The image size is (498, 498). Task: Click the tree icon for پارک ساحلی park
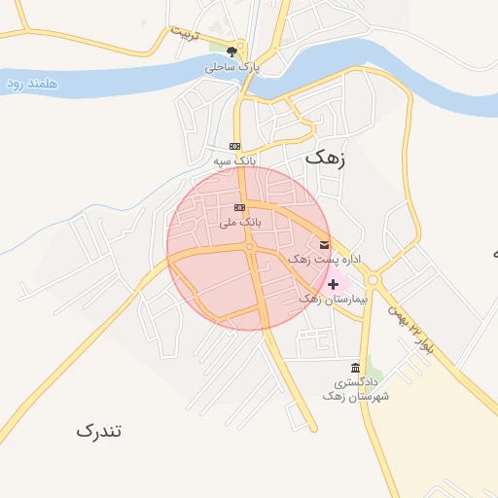(x=231, y=53)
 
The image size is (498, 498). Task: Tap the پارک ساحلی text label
(x=229, y=68)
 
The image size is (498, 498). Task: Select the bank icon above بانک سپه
(x=234, y=145)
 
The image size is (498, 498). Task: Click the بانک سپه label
(x=234, y=159)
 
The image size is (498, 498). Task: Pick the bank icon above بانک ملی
(x=240, y=208)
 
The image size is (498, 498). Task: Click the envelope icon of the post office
(x=324, y=244)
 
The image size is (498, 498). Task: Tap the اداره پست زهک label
(x=325, y=260)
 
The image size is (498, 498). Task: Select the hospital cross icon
(x=333, y=284)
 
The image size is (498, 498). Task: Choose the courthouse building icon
(x=354, y=368)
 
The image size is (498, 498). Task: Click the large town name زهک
(x=327, y=157)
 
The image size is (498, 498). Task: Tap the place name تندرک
(x=101, y=429)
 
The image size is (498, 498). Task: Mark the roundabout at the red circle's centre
(x=249, y=247)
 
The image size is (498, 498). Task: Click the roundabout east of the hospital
(x=373, y=281)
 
